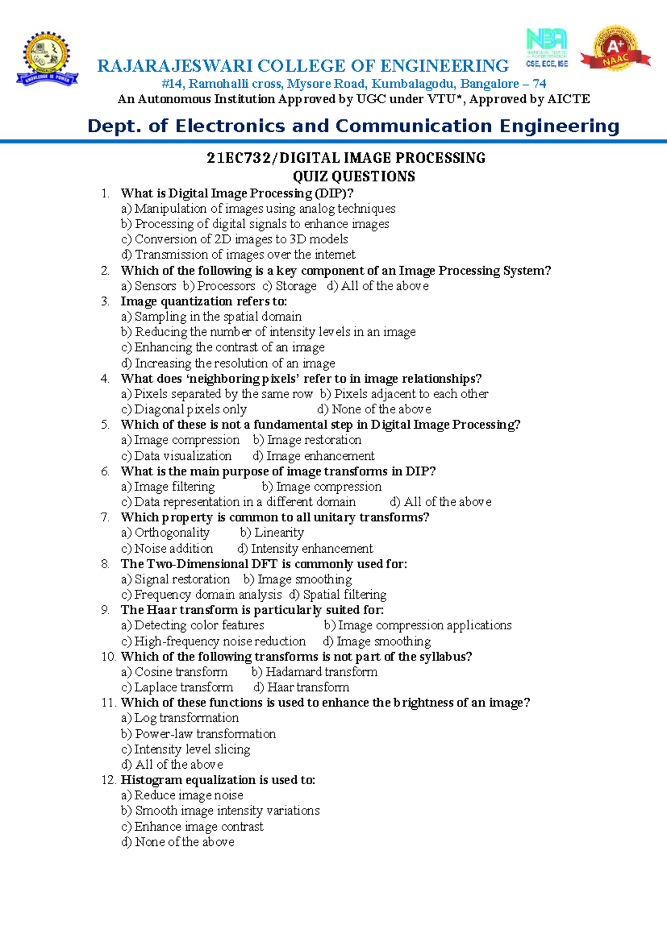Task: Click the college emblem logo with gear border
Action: tap(47, 59)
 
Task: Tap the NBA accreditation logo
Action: tap(547, 48)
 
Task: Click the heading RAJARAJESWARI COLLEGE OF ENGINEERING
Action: tap(303, 66)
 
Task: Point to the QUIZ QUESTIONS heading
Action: tap(354, 177)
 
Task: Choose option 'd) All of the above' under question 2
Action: tap(378, 286)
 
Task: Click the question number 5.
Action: tap(105, 425)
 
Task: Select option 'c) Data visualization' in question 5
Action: tap(176, 456)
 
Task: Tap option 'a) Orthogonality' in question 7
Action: tap(166, 533)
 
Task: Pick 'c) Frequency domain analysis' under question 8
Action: tap(202, 595)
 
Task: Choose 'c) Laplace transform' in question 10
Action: tap(177, 688)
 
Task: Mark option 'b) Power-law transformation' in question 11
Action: tap(198, 734)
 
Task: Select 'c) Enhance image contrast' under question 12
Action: tap(192, 826)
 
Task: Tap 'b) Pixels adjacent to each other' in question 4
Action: tap(404, 394)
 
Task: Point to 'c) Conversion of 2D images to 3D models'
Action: tap(235, 239)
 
